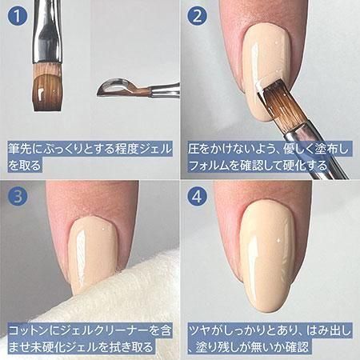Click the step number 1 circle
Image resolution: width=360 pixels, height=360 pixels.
pyautogui.click(x=17, y=16)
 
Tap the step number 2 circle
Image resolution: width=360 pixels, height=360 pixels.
pyautogui.click(x=197, y=16)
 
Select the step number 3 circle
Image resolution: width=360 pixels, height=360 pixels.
pyautogui.click(x=18, y=197)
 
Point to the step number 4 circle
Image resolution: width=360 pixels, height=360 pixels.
pyautogui.click(x=197, y=197)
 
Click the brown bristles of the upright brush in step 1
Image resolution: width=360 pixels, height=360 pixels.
pyautogui.click(x=47, y=88)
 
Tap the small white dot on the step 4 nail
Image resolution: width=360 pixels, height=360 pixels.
pyautogui.click(x=278, y=241)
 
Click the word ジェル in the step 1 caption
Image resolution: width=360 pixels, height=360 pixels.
pyautogui.click(x=156, y=149)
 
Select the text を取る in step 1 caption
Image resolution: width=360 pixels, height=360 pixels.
pyautogui.click(x=25, y=166)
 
